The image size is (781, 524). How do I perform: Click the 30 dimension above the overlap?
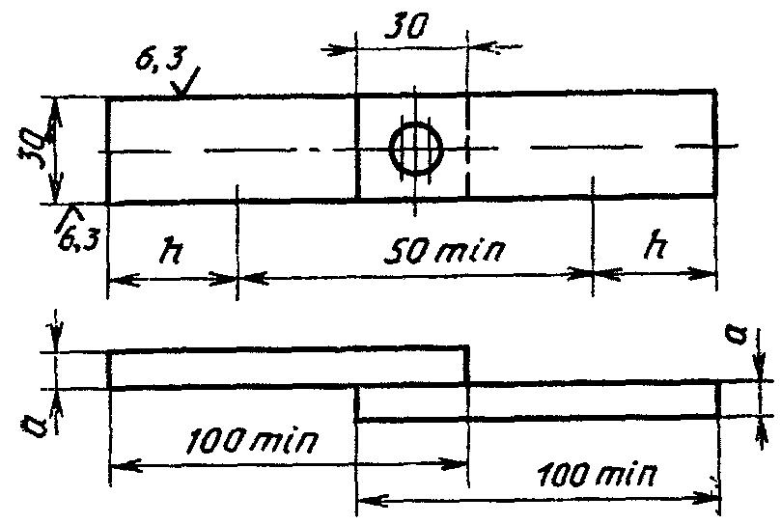(x=405, y=27)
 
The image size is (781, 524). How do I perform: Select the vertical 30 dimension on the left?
(x=32, y=149)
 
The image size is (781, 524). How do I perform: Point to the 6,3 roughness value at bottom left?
(x=79, y=238)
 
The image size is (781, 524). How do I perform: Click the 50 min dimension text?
(x=444, y=250)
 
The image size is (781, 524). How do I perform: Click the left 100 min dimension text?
(x=252, y=440)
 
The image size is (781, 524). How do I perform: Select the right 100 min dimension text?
(x=598, y=474)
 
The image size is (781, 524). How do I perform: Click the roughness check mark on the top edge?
(x=185, y=83)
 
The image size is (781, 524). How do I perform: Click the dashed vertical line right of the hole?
(x=467, y=146)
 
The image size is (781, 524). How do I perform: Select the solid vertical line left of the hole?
(x=357, y=147)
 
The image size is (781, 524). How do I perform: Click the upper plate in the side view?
(x=288, y=369)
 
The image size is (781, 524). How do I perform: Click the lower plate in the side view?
(x=538, y=401)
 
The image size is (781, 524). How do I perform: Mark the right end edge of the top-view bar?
(x=716, y=143)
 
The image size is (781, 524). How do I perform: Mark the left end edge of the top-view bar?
(x=108, y=151)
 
